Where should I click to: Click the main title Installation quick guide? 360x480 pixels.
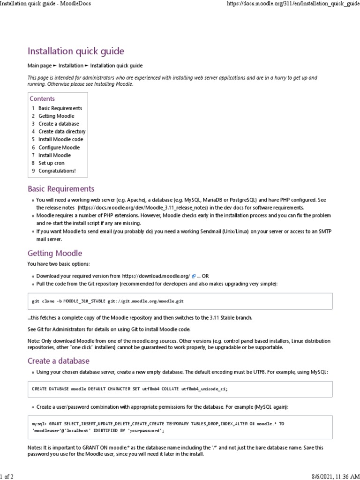coord(76,51)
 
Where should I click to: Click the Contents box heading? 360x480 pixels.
coord(42,99)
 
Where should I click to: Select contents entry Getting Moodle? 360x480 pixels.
coord(56,116)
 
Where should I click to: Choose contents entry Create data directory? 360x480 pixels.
coord(62,132)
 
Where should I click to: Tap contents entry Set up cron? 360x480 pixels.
coord(52,163)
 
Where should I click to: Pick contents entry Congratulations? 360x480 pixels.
coord(57,171)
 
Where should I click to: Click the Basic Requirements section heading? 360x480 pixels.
coord(61,189)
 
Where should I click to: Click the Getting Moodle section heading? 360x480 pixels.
coord(55,253)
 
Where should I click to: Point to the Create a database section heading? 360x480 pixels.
coord(59,361)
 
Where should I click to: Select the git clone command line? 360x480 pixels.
coord(111,301)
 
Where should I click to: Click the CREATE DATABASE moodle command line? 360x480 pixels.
coord(130,389)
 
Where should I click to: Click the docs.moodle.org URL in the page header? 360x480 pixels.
coord(293,4)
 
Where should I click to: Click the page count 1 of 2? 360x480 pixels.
coord(7,476)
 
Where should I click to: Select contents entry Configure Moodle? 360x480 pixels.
coord(59,147)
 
